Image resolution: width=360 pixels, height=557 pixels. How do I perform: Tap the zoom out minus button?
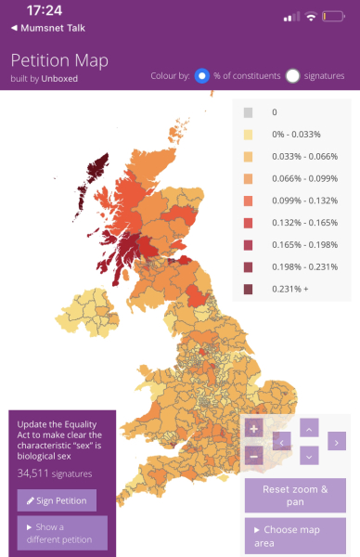253,456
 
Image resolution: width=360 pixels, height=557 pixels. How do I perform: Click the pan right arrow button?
335,442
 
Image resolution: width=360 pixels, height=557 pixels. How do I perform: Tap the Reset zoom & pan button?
301,495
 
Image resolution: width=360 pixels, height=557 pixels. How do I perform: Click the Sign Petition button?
57,501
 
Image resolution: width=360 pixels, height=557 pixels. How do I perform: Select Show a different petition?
62,534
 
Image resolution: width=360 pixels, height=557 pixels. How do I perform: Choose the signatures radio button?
293,76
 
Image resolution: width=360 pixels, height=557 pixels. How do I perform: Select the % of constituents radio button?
201,76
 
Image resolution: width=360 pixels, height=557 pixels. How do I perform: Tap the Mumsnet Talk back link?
45,29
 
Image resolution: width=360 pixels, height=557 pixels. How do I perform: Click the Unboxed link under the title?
58,78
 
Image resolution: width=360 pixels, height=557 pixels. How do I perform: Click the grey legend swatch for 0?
248,113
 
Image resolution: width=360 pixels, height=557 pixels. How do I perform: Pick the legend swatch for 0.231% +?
248,289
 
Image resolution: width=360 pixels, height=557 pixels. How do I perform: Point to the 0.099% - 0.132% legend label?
302,201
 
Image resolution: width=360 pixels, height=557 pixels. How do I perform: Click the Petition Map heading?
59,60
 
